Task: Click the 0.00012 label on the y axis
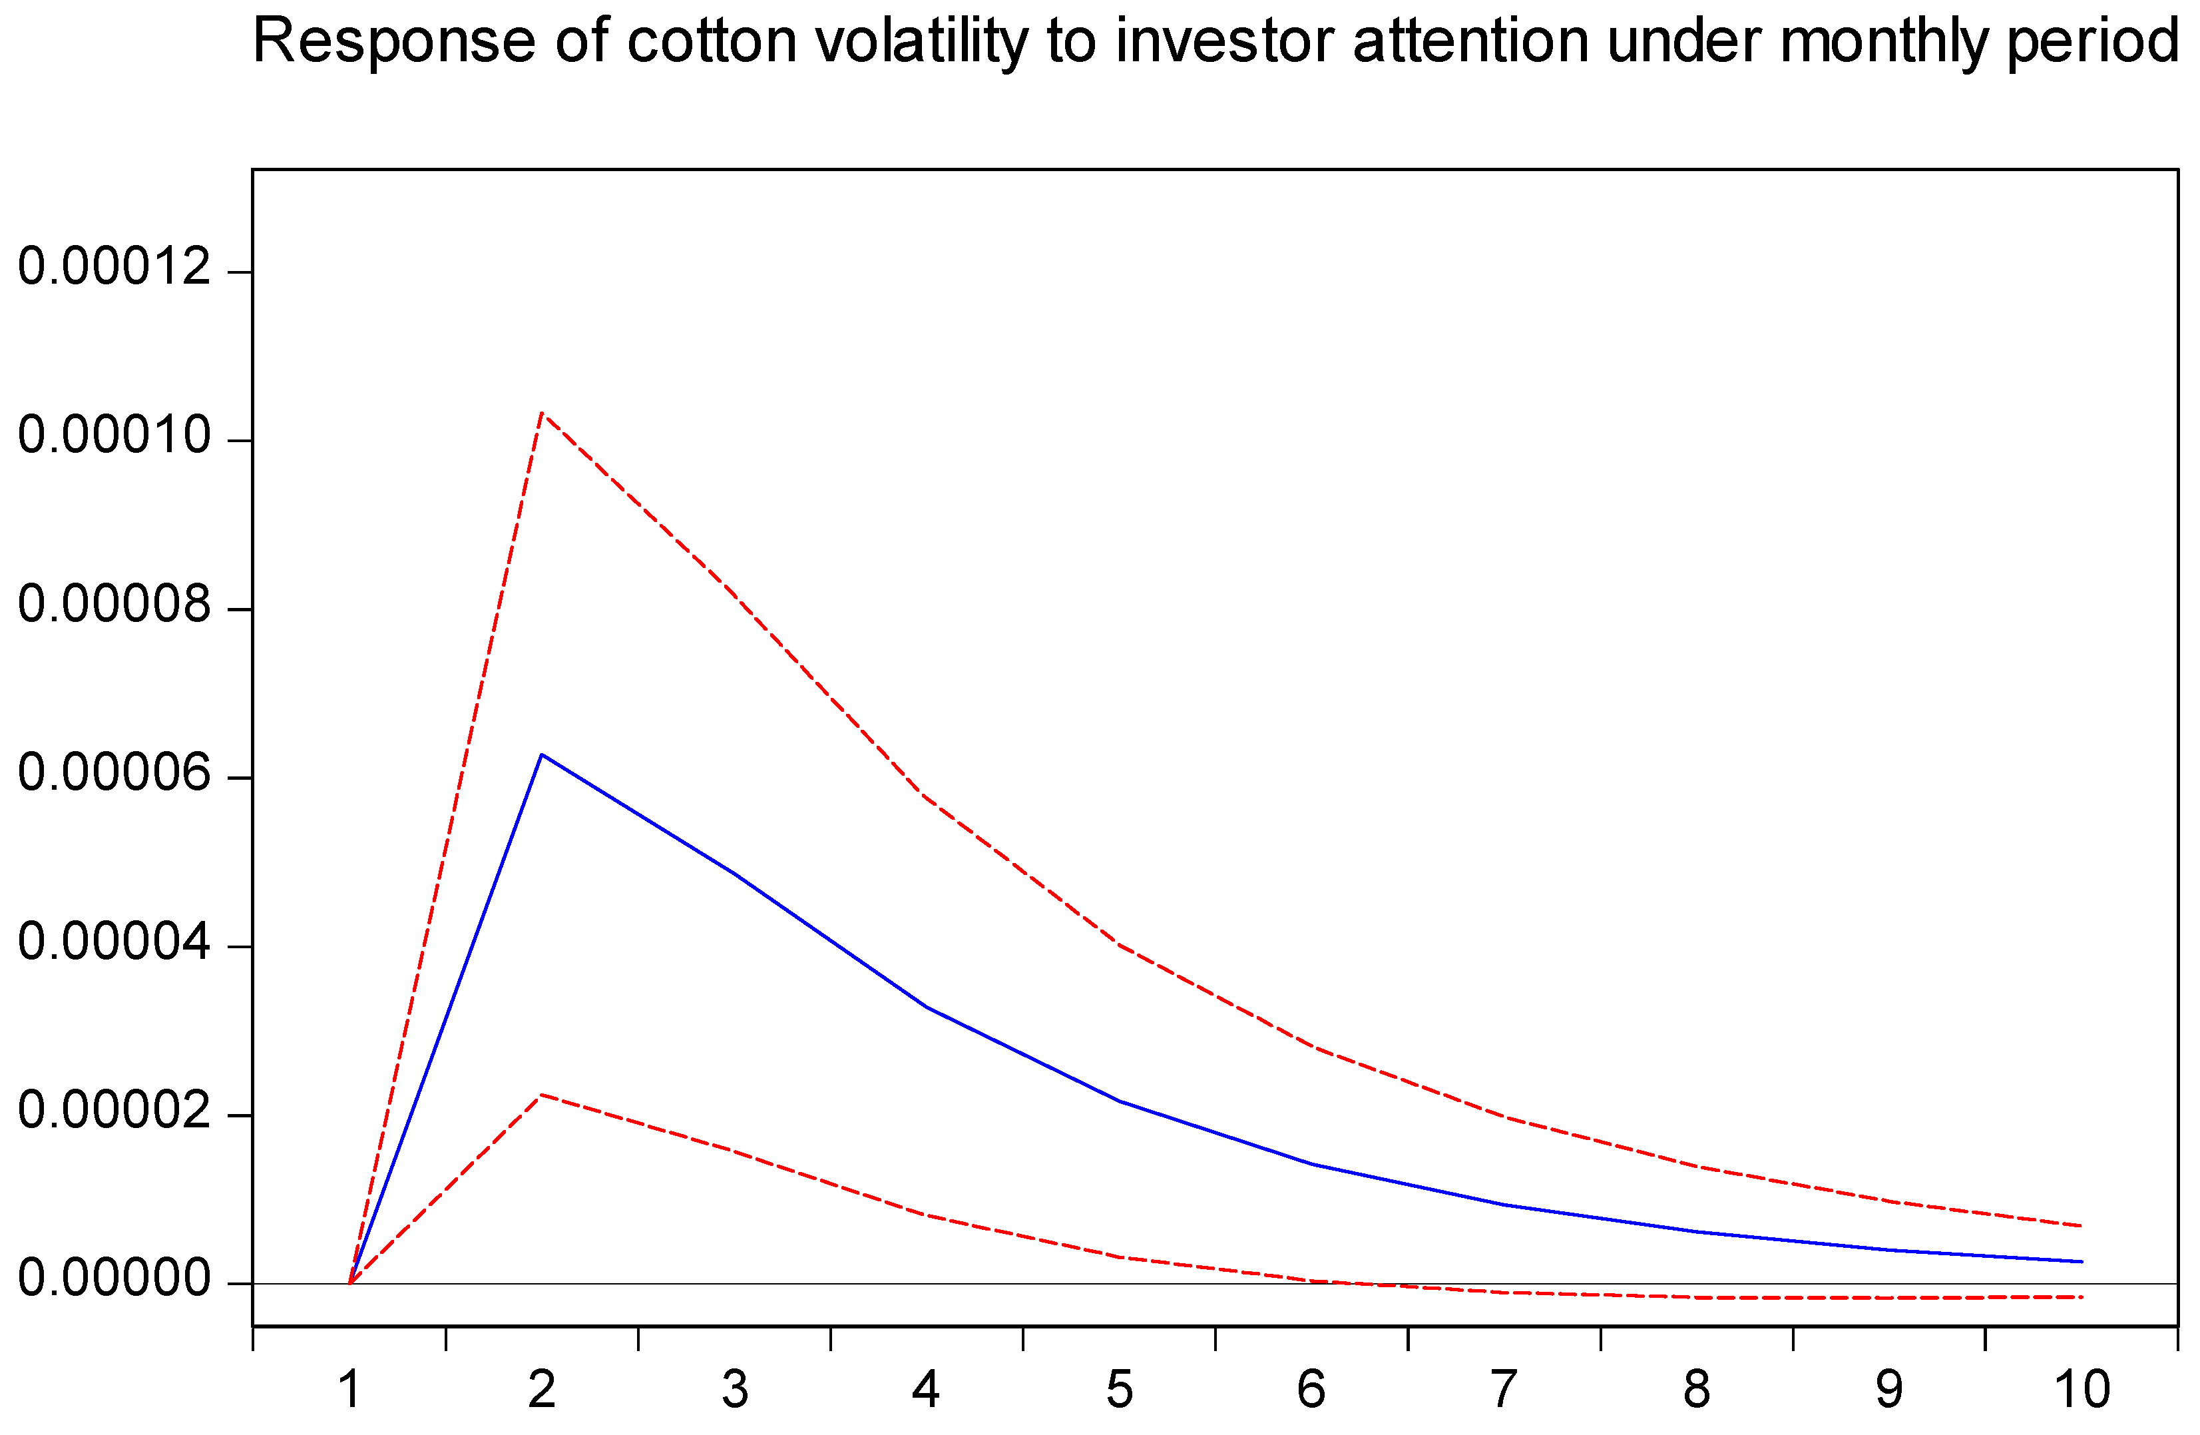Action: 114,267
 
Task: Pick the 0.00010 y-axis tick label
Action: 114,435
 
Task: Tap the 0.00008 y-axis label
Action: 114,605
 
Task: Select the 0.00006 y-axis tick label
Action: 114,773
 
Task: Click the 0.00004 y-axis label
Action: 114,942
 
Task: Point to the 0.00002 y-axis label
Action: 114,1111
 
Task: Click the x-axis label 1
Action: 349,1390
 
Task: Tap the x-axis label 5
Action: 1120,1390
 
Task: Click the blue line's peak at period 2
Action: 542,754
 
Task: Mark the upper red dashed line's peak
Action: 542,412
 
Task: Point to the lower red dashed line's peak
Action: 542,1095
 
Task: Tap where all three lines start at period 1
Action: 349,1283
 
